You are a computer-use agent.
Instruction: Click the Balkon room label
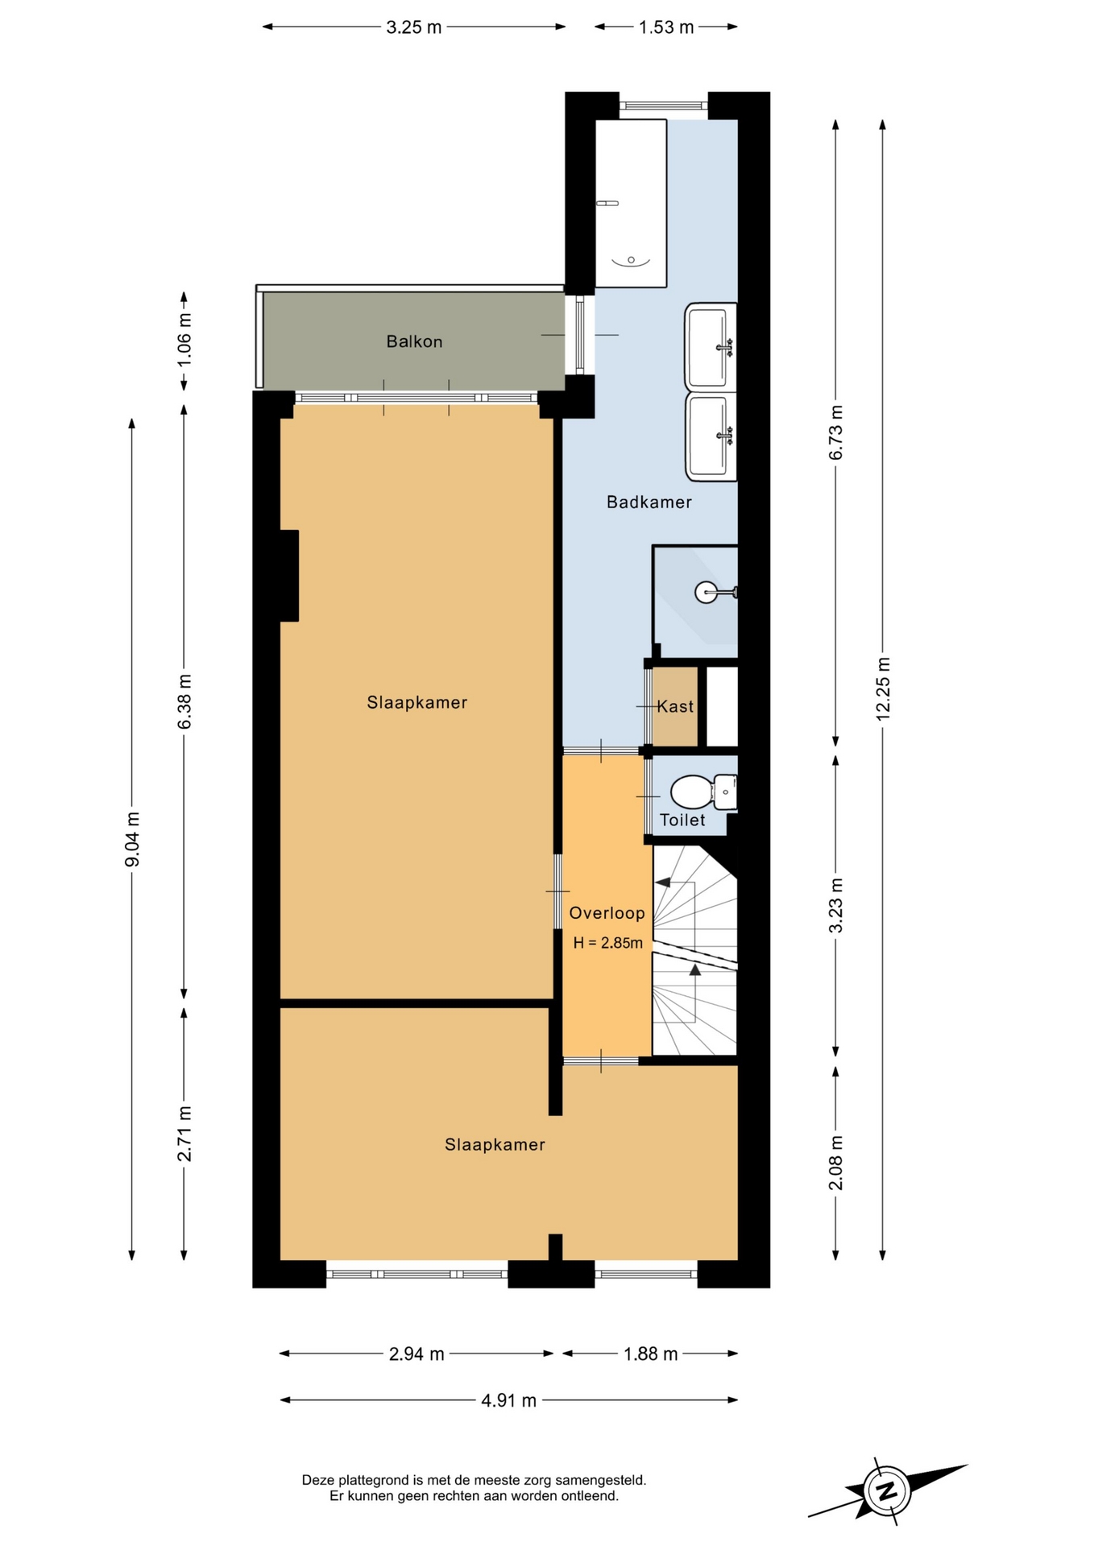tap(414, 341)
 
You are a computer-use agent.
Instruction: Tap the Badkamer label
tap(649, 502)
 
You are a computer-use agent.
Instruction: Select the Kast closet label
tap(675, 707)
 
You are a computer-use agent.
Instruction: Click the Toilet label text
tap(682, 821)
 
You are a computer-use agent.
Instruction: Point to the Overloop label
tap(607, 913)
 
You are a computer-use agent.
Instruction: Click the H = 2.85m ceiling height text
tap(608, 943)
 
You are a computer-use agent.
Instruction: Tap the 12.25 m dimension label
tap(883, 689)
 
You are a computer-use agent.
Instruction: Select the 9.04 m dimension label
tap(133, 840)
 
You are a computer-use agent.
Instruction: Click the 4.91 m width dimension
tap(508, 1400)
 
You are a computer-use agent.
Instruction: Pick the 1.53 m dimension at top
tap(666, 27)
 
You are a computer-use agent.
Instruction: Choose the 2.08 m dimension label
tap(836, 1163)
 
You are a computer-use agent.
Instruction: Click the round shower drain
tap(705, 593)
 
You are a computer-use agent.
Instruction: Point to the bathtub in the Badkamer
tap(631, 203)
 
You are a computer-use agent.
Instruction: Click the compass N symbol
tap(886, 1490)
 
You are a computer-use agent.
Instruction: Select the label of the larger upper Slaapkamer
tap(416, 703)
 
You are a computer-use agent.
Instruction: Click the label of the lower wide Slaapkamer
tap(495, 1145)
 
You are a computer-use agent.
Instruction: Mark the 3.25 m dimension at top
tap(414, 27)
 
